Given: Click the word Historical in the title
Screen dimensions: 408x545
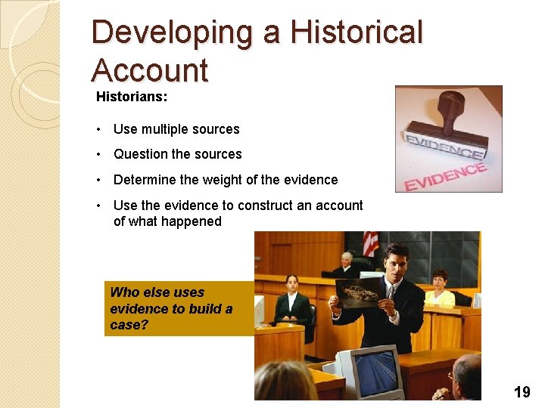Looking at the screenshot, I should click(357, 32).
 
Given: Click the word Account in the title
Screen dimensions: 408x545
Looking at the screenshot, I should click(149, 70).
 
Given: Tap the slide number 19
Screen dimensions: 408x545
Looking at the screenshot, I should click(522, 391).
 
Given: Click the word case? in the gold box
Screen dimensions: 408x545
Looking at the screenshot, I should click(126, 325).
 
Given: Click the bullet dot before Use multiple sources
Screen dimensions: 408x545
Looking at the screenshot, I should click(99, 129).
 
